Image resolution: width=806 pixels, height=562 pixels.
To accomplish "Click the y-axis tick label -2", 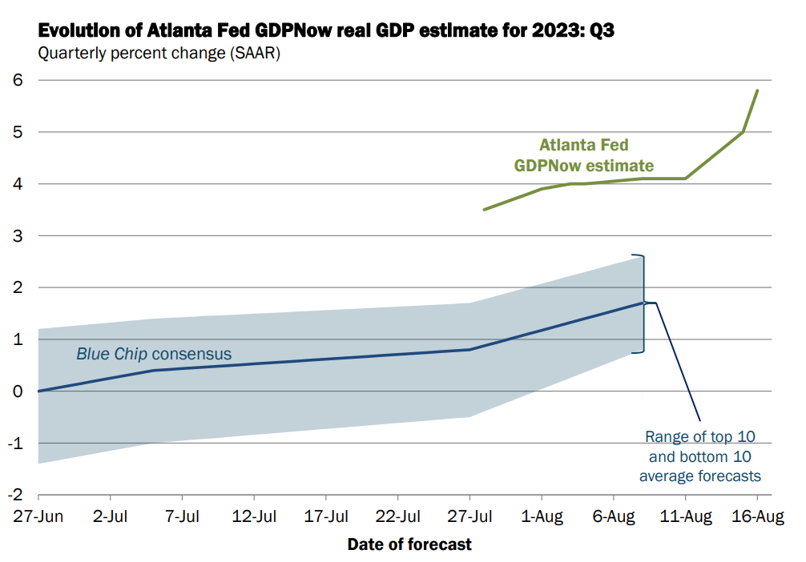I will [x=15, y=495].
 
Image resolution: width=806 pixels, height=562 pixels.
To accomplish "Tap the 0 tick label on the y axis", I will [x=18, y=391].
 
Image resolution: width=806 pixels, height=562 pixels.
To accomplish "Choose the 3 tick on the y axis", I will [x=18, y=235].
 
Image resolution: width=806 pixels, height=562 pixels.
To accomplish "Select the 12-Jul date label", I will [x=254, y=517].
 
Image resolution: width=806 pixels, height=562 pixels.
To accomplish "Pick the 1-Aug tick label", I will [x=543, y=517].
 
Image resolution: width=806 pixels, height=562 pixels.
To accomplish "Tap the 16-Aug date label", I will [x=758, y=517].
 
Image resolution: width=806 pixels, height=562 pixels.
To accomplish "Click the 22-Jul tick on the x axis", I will [x=398, y=517].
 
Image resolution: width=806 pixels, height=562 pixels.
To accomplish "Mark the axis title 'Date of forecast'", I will [x=409, y=544].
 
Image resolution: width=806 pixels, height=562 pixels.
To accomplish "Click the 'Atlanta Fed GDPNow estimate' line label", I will [x=584, y=156].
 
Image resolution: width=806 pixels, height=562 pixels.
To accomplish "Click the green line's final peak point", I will [x=758, y=90].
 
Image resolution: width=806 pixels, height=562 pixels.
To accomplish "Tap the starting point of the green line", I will [x=484, y=210].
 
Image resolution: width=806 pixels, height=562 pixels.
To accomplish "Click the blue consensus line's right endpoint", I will [x=643, y=303].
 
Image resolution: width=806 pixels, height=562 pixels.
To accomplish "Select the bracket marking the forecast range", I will [x=643, y=304].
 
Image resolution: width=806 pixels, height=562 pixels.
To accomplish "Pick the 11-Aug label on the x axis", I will [x=686, y=517].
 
